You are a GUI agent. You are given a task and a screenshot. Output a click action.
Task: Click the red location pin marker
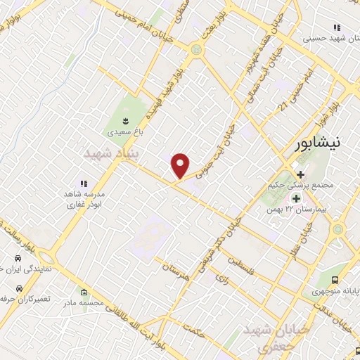pos(181,165)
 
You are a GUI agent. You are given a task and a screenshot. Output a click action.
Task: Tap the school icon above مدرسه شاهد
pos(84,184)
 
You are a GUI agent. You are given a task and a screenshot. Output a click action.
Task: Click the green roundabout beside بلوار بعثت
pos(195,49)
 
